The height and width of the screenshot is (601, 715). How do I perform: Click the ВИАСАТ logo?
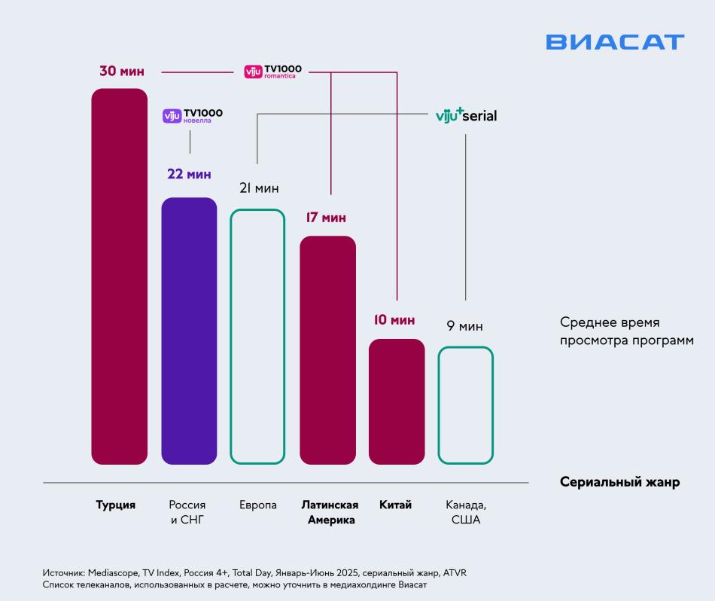(615, 42)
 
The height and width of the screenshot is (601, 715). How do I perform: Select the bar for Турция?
(119, 276)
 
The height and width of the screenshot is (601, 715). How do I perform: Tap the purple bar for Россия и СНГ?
(189, 331)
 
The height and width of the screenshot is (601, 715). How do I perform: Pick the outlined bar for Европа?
(257, 336)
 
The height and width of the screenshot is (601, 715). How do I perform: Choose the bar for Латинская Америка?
(327, 349)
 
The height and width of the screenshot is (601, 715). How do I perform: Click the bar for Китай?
(397, 401)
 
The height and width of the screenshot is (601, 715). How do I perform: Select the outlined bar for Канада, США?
(466, 404)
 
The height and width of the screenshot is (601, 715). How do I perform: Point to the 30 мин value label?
(121, 72)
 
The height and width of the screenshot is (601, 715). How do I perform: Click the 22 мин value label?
(189, 174)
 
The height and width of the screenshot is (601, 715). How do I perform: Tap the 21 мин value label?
(259, 188)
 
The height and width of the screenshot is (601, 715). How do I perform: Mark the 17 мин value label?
(326, 218)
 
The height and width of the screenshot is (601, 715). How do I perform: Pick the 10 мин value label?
(394, 320)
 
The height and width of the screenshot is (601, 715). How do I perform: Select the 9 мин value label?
(464, 326)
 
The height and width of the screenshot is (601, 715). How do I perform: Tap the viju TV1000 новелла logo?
(193, 115)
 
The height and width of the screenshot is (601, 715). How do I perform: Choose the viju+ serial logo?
(466, 116)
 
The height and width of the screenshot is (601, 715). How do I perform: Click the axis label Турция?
(116, 505)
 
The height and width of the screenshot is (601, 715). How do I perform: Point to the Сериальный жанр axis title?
(619, 483)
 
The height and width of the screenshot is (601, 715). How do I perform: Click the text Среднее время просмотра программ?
(615, 331)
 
